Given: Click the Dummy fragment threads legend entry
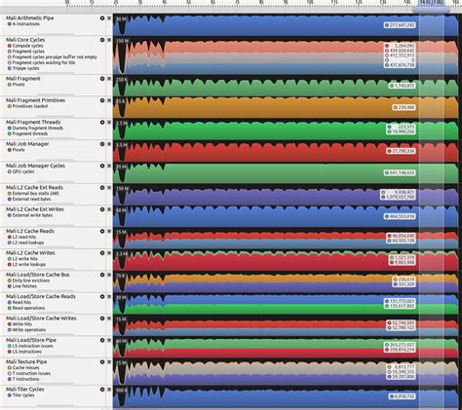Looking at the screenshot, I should coord(38,127).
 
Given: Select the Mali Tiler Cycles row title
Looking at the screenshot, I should coord(27,390).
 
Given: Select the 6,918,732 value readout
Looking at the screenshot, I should coord(402,396).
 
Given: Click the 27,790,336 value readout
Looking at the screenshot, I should coord(401,151).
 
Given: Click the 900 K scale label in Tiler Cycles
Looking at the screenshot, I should coord(122,391).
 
